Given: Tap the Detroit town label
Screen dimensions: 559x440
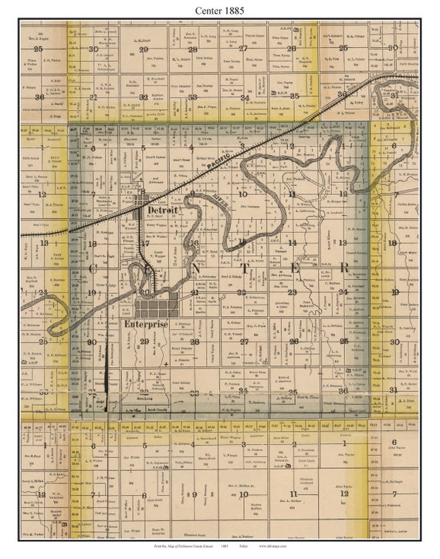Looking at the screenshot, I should [162, 210].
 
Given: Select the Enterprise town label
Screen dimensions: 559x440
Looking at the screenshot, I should [144, 325].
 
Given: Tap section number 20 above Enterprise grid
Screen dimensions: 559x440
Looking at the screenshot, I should [144, 293].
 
